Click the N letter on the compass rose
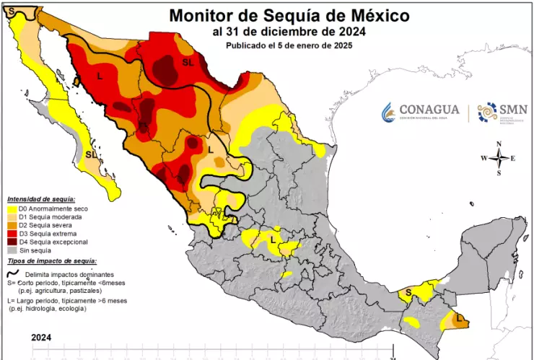499,144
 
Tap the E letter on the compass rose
513,158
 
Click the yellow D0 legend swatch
12,208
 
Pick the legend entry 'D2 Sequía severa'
45,225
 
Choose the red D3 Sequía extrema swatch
12,234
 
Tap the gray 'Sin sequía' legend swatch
12,250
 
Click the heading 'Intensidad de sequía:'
42,198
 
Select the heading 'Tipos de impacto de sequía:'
52,260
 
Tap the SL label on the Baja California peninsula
91,154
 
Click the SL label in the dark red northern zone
188,63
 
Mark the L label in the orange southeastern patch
460,317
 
